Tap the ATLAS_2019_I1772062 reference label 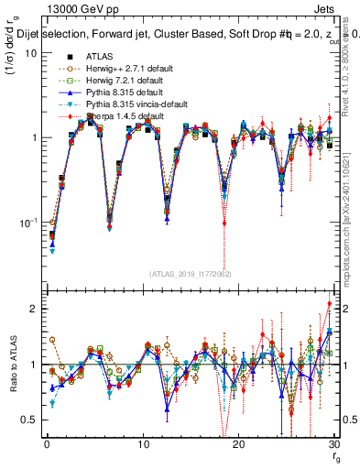coord(190,273)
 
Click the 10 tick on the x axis coord(142,444)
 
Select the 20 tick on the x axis coord(238,444)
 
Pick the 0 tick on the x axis coord(46,444)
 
